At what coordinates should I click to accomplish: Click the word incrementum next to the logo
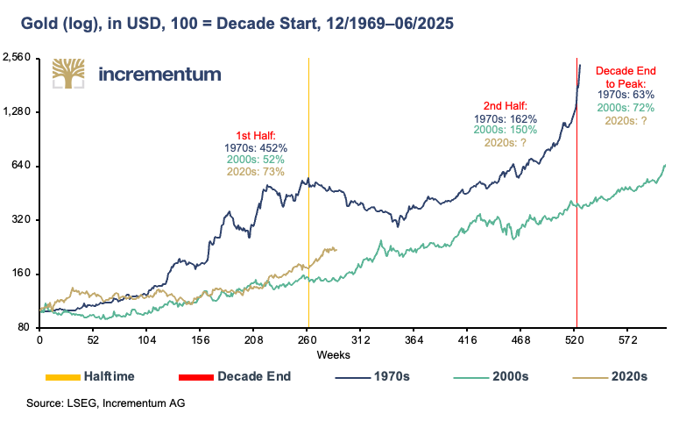(159, 74)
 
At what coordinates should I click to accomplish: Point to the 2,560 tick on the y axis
(18, 58)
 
